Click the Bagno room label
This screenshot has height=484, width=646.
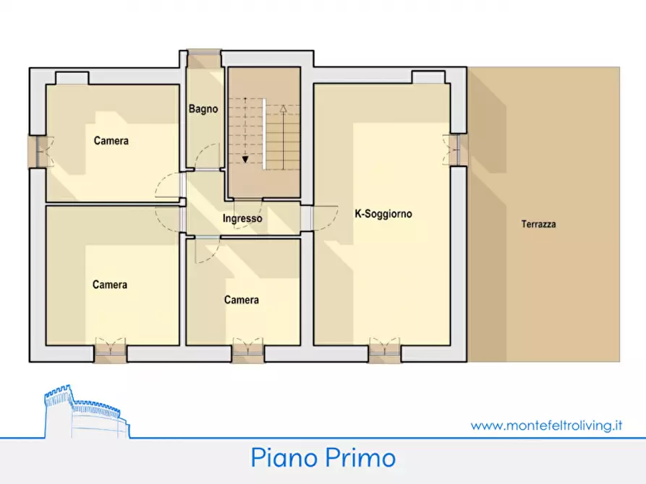[x=203, y=110]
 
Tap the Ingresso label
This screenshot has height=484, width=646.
[x=242, y=218]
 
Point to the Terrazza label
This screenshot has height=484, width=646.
[x=538, y=225]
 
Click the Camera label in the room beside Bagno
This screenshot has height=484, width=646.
[x=111, y=141]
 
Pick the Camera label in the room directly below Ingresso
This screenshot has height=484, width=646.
[x=241, y=300]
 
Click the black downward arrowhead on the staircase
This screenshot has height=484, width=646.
[x=246, y=160]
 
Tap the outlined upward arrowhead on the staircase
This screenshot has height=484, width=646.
[x=284, y=109]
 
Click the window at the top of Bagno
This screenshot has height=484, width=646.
[x=204, y=52]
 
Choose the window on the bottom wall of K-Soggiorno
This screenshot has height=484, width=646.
[x=384, y=352]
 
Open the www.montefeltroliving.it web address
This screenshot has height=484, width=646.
[x=546, y=425]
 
